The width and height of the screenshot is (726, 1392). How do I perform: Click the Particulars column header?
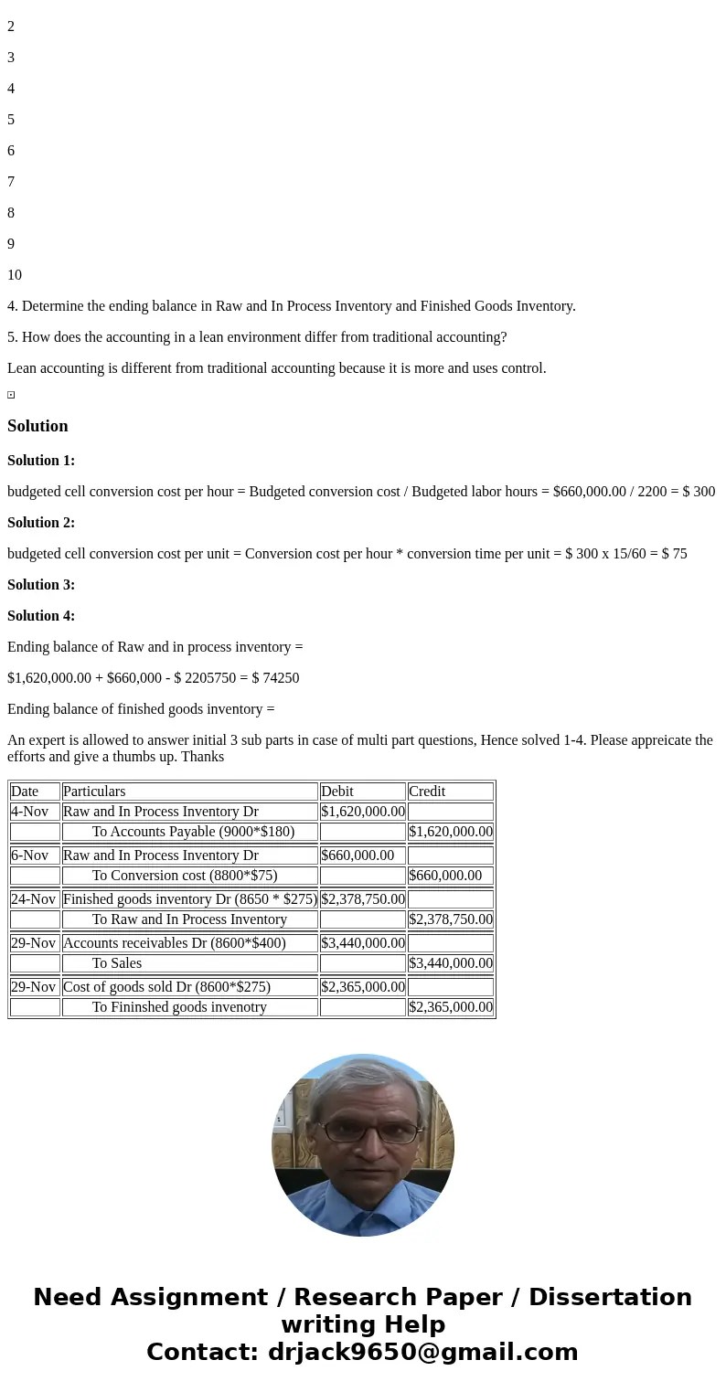[x=94, y=792]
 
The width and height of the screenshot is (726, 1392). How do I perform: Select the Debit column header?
[x=337, y=792]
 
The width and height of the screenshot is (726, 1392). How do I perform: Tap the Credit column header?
[x=427, y=792]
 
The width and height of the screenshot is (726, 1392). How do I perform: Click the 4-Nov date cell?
[x=29, y=812]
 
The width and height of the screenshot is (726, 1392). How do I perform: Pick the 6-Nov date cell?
[x=29, y=855]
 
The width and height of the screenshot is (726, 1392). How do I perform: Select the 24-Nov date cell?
[x=33, y=899]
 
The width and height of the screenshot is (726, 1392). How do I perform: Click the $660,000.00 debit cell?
[x=358, y=855]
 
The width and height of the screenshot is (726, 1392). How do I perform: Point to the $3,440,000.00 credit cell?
[x=451, y=963]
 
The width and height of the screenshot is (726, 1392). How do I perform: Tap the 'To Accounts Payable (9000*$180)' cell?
[x=193, y=832]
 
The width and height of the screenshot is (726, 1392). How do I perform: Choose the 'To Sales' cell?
[x=117, y=963]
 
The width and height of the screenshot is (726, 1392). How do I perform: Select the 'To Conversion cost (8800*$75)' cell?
[x=185, y=876]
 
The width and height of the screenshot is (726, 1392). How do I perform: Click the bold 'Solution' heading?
[x=37, y=426]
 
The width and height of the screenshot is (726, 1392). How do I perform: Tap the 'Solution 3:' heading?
[x=41, y=585]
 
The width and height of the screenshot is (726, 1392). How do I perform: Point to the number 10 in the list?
[x=15, y=275]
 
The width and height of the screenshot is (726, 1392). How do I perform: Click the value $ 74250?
[x=275, y=678]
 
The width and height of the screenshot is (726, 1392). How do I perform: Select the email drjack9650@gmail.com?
[x=422, y=1353]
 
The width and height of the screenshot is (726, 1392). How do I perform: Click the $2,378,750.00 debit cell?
[x=363, y=899]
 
